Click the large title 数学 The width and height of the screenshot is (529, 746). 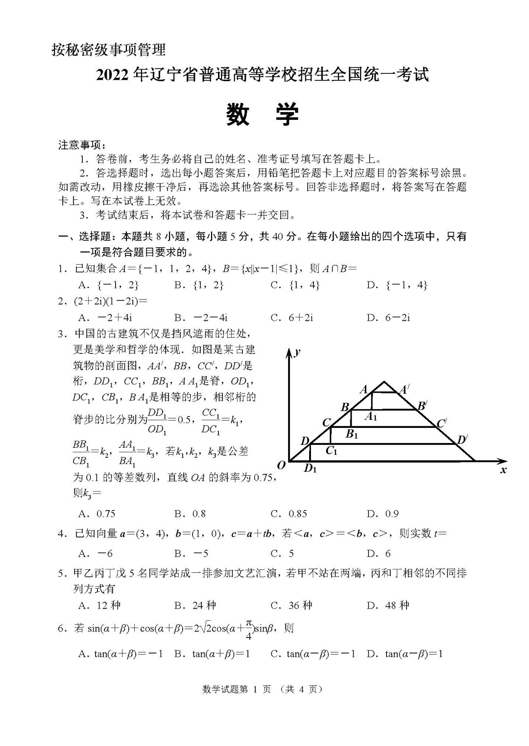pos(263,116)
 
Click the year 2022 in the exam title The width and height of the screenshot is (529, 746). pos(114,75)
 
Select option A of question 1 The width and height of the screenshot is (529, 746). pos(109,285)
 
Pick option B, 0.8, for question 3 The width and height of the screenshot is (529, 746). pos(190,513)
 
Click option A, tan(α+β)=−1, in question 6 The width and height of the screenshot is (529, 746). pos(120,653)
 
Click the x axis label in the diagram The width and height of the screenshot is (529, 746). pos(503,470)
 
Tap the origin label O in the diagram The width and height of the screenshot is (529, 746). pos(281,465)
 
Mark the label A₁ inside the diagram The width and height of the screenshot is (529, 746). pos(372,417)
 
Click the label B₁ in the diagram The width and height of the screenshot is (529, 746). pos(352,434)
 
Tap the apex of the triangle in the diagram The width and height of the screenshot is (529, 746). pos(385,382)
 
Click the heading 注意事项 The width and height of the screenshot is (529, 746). pos(81,145)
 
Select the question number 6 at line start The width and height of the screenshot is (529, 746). pos(61,629)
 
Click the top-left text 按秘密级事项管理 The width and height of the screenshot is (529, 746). pos(108,49)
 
